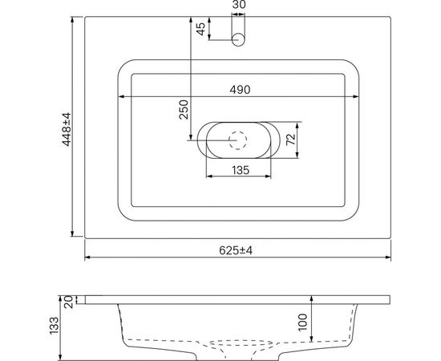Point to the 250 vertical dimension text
click(184, 109)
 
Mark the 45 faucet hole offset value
click(201, 30)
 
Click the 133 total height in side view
click(55, 325)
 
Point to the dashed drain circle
click(238, 140)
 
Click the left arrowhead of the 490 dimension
click(121, 97)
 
